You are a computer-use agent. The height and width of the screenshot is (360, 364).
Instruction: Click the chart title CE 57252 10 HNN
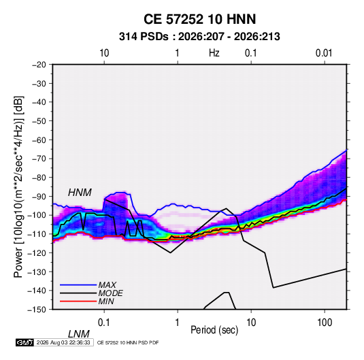point(199,19)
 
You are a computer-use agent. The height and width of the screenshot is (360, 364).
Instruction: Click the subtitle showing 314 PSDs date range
point(199,37)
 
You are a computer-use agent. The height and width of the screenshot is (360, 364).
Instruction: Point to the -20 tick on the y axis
point(39,65)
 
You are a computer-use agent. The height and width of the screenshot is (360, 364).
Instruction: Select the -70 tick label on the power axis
point(39,159)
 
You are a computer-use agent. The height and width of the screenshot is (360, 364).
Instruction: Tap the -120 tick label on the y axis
point(37,252)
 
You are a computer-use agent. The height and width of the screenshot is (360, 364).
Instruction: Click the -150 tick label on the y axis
point(37,310)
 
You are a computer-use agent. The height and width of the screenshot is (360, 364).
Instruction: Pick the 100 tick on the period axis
point(325,323)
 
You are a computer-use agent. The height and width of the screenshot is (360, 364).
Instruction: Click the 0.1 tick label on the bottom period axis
point(104,323)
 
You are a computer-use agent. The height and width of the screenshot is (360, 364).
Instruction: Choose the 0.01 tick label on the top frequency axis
point(324,53)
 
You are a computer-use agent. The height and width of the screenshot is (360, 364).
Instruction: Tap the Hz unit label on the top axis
point(214,53)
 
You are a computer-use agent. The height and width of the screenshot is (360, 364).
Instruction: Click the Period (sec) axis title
point(214,330)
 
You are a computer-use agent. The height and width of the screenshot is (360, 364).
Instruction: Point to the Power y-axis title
point(18,187)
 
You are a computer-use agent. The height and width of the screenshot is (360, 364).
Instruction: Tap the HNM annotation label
point(80,193)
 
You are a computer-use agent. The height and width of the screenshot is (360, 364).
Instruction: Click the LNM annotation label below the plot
point(79,334)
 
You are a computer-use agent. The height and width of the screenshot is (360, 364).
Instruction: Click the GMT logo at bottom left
point(24,342)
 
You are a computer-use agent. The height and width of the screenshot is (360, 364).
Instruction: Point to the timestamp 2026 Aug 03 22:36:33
point(63,342)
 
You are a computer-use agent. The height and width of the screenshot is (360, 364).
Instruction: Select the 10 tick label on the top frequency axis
point(104,53)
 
